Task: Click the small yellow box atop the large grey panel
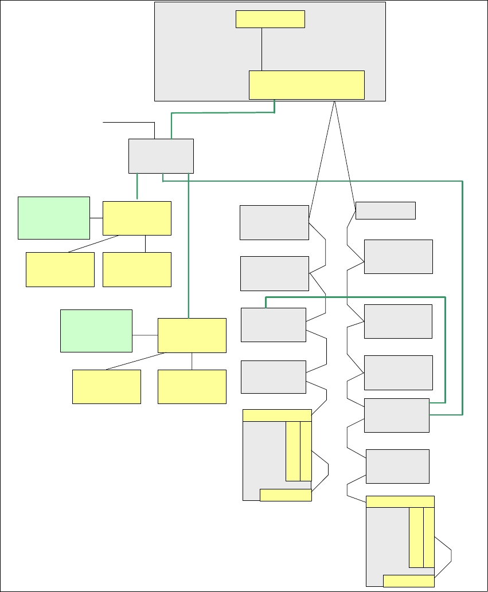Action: click(270, 19)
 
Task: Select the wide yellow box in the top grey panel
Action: click(307, 85)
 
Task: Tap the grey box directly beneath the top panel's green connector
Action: click(161, 155)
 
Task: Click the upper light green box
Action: click(54, 218)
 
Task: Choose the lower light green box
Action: click(96, 331)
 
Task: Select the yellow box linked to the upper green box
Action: click(137, 218)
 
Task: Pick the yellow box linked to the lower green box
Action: click(192, 335)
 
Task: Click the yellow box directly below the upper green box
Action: click(60, 269)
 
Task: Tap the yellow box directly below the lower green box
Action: click(107, 386)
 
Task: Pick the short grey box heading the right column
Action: click(385, 210)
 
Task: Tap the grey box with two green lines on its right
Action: click(397, 415)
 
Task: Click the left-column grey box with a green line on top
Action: click(274, 325)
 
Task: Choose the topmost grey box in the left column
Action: click(274, 222)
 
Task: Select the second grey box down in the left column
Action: click(274, 273)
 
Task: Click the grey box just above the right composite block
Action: click(397, 466)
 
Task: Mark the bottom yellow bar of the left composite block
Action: click(286, 495)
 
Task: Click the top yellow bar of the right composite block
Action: click(400, 501)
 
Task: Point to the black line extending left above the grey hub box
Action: click(129, 122)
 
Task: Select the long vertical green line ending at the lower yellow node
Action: click(188, 246)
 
